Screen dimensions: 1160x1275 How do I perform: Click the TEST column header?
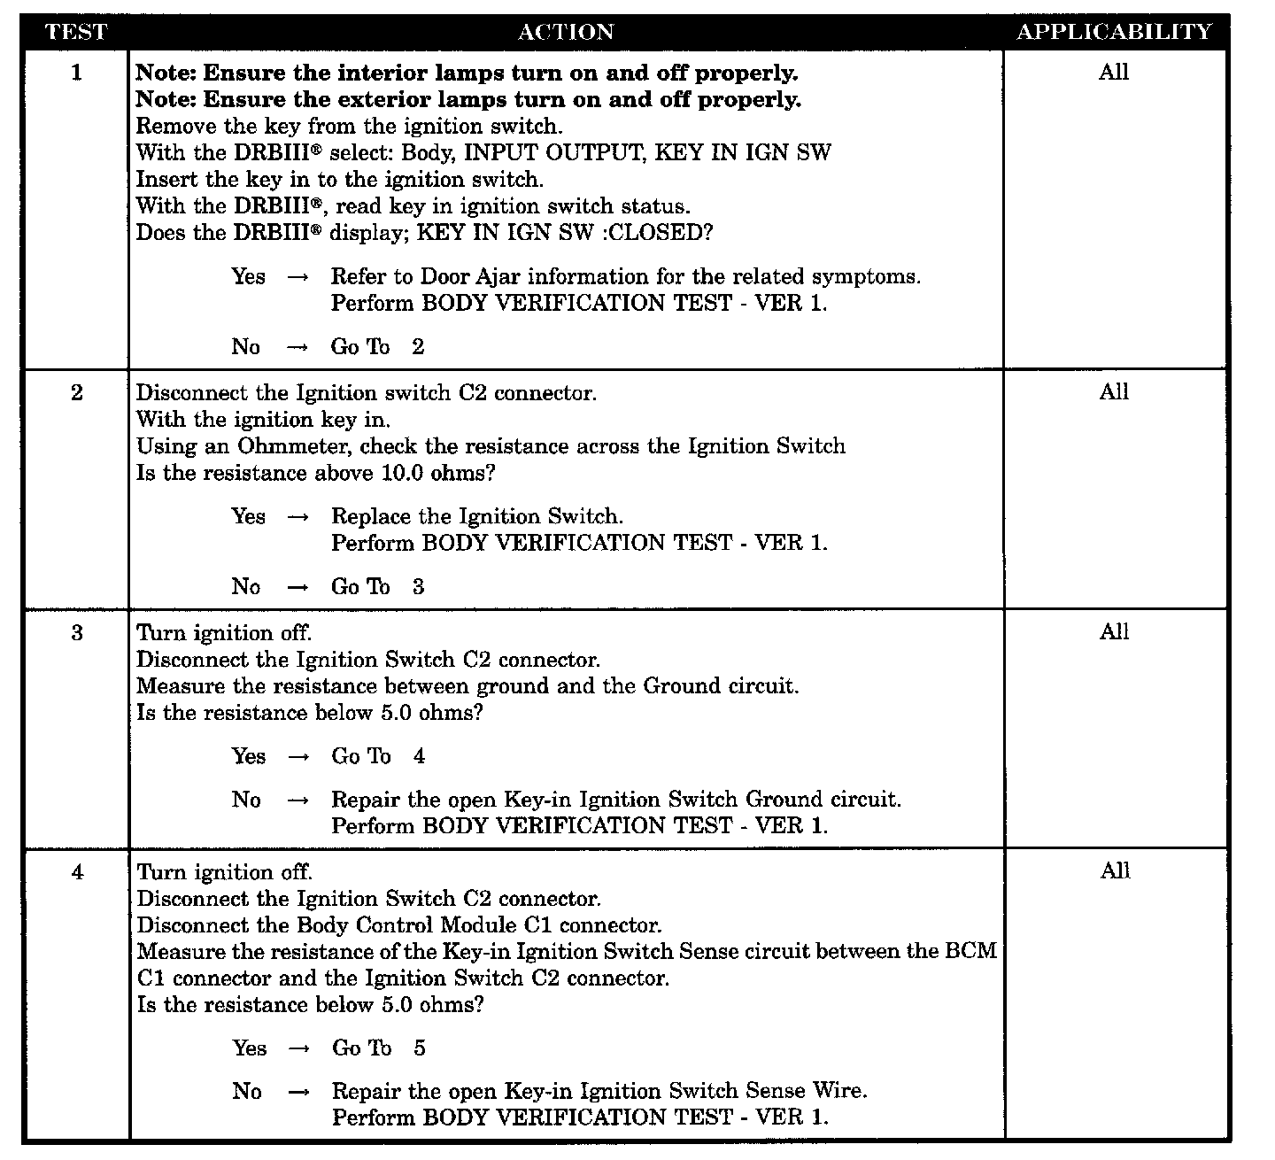point(75,32)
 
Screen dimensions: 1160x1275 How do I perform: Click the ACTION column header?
point(565,32)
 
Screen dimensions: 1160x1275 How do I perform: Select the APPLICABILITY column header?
point(1113,32)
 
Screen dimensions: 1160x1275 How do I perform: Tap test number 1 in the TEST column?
point(76,73)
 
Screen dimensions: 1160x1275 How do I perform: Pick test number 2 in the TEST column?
point(76,392)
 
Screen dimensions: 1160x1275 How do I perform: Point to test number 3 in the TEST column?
point(77,632)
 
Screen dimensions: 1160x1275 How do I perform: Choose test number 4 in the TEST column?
point(78,872)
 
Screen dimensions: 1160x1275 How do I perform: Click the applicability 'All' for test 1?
point(1113,73)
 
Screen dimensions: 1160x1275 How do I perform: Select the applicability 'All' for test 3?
point(1114,632)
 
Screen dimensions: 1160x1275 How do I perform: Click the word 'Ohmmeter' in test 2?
point(295,446)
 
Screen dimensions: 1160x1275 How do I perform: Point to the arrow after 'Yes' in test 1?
point(298,277)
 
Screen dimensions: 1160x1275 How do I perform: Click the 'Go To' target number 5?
point(419,1048)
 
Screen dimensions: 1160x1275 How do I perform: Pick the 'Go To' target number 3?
point(418,587)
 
